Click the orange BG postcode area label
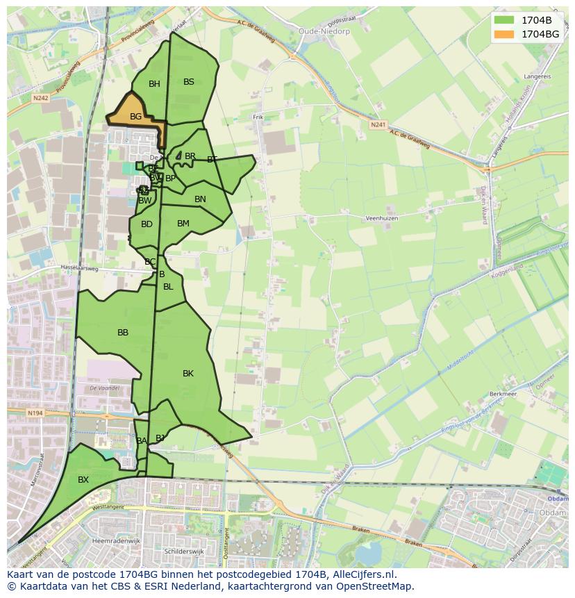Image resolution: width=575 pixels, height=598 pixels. [135, 117]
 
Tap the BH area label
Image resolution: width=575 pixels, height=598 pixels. [154, 84]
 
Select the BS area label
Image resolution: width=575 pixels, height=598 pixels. [189, 81]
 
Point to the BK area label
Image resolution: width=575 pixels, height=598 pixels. [187, 374]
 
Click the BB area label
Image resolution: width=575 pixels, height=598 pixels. [123, 333]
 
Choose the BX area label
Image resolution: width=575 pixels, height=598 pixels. [83, 480]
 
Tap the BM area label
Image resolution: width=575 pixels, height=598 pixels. [183, 224]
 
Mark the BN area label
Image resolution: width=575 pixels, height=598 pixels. [200, 199]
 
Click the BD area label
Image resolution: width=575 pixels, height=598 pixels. [147, 224]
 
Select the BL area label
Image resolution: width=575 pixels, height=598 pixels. [168, 287]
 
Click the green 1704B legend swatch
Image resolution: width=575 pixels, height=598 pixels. [505, 20]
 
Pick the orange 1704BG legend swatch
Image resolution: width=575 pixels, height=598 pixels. [505, 34]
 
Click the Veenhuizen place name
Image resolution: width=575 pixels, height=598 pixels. [381, 218]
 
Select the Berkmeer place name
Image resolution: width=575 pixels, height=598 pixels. [504, 393]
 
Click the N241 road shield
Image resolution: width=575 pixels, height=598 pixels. [378, 125]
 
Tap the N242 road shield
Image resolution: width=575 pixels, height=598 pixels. [41, 99]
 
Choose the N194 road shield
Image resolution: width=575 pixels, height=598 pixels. [35, 413]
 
